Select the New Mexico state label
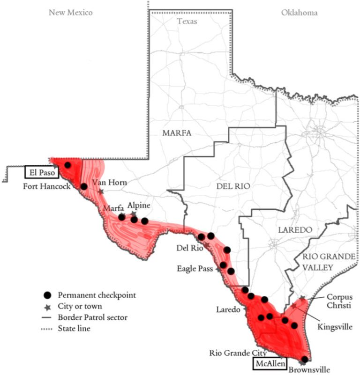click(71, 13)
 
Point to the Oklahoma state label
click(299, 13)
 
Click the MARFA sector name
click(177, 133)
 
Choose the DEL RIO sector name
click(233, 186)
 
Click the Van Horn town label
click(109, 182)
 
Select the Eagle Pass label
click(195, 269)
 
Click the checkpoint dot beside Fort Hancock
click(84, 186)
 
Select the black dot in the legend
click(47, 295)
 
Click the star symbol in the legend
click(47, 307)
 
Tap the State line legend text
click(74, 329)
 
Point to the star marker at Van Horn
click(101, 191)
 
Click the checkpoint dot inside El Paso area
click(67, 165)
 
